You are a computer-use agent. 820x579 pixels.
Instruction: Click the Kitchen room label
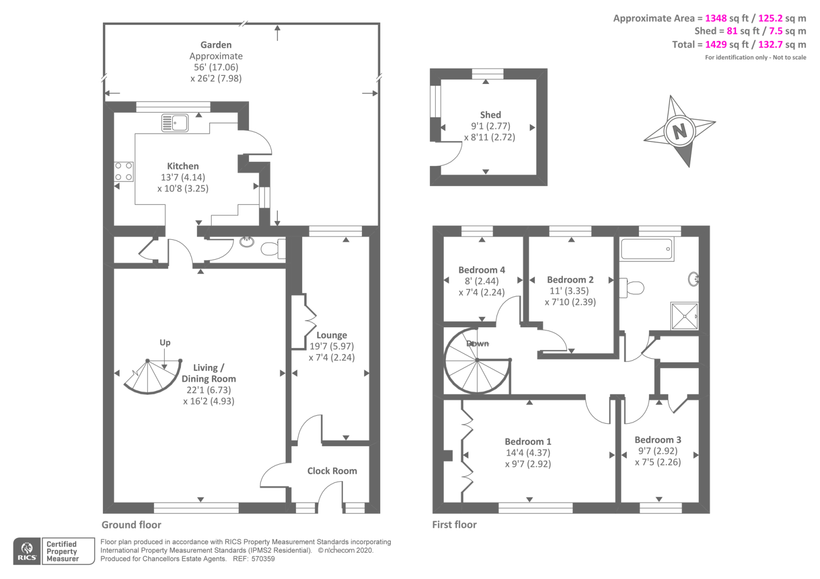click(183, 166)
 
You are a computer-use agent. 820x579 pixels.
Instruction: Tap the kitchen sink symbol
click(175, 123)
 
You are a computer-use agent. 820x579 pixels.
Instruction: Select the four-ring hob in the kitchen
click(124, 172)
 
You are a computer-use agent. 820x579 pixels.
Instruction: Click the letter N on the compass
click(680, 131)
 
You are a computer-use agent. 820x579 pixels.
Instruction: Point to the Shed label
click(490, 115)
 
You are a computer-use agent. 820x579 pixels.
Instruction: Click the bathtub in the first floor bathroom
click(647, 249)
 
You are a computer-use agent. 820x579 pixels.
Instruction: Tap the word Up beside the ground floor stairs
click(165, 342)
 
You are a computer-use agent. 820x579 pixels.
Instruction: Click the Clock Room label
click(332, 471)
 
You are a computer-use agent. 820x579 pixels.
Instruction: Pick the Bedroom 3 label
click(658, 440)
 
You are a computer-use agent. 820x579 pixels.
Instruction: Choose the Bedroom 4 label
click(482, 270)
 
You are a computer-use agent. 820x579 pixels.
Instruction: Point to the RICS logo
click(27, 551)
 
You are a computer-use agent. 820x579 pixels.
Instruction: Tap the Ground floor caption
click(131, 525)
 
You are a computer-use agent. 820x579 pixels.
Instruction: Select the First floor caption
click(454, 525)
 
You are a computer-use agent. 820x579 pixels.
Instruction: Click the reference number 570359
click(263, 559)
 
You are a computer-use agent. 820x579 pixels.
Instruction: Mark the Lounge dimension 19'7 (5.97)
click(332, 346)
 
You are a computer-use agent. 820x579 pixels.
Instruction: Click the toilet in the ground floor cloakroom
click(272, 249)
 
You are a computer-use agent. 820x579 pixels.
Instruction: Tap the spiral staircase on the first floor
click(477, 361)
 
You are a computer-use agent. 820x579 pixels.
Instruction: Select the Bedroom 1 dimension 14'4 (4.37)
click(528, 453)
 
